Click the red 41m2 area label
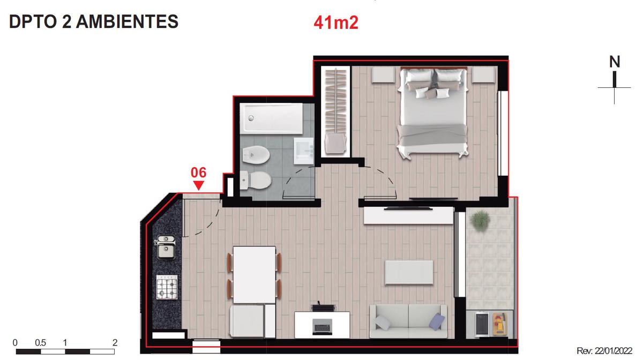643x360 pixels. [x=336, y=22]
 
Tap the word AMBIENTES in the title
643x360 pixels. [x=127, y=21]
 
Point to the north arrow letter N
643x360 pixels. [x=615, y=62]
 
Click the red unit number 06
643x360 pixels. [x=198, y=172]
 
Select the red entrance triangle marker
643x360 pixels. [x=199, y=185]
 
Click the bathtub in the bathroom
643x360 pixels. [x=271, y=118]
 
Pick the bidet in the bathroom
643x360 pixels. [x=256, y=155]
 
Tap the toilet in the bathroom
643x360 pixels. [x=256, y=181]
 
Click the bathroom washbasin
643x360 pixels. [x=304, y=151]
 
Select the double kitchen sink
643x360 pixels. [x=166, y=247]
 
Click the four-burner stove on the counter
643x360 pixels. [x=167, y=287]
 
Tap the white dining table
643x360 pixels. [x=255, y=275]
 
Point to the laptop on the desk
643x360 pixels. [x=322, y=327]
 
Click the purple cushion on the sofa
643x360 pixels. [x=437, y=321]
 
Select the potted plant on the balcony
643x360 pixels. [x=480, y=221]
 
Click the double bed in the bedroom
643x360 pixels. [x=433, y=112]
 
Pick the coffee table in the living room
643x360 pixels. [x=409, y=273]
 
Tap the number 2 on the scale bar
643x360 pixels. [x=115, y=342]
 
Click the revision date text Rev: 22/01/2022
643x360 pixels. [x=604, y=350]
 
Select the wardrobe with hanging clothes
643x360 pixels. [x=335, y=112]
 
